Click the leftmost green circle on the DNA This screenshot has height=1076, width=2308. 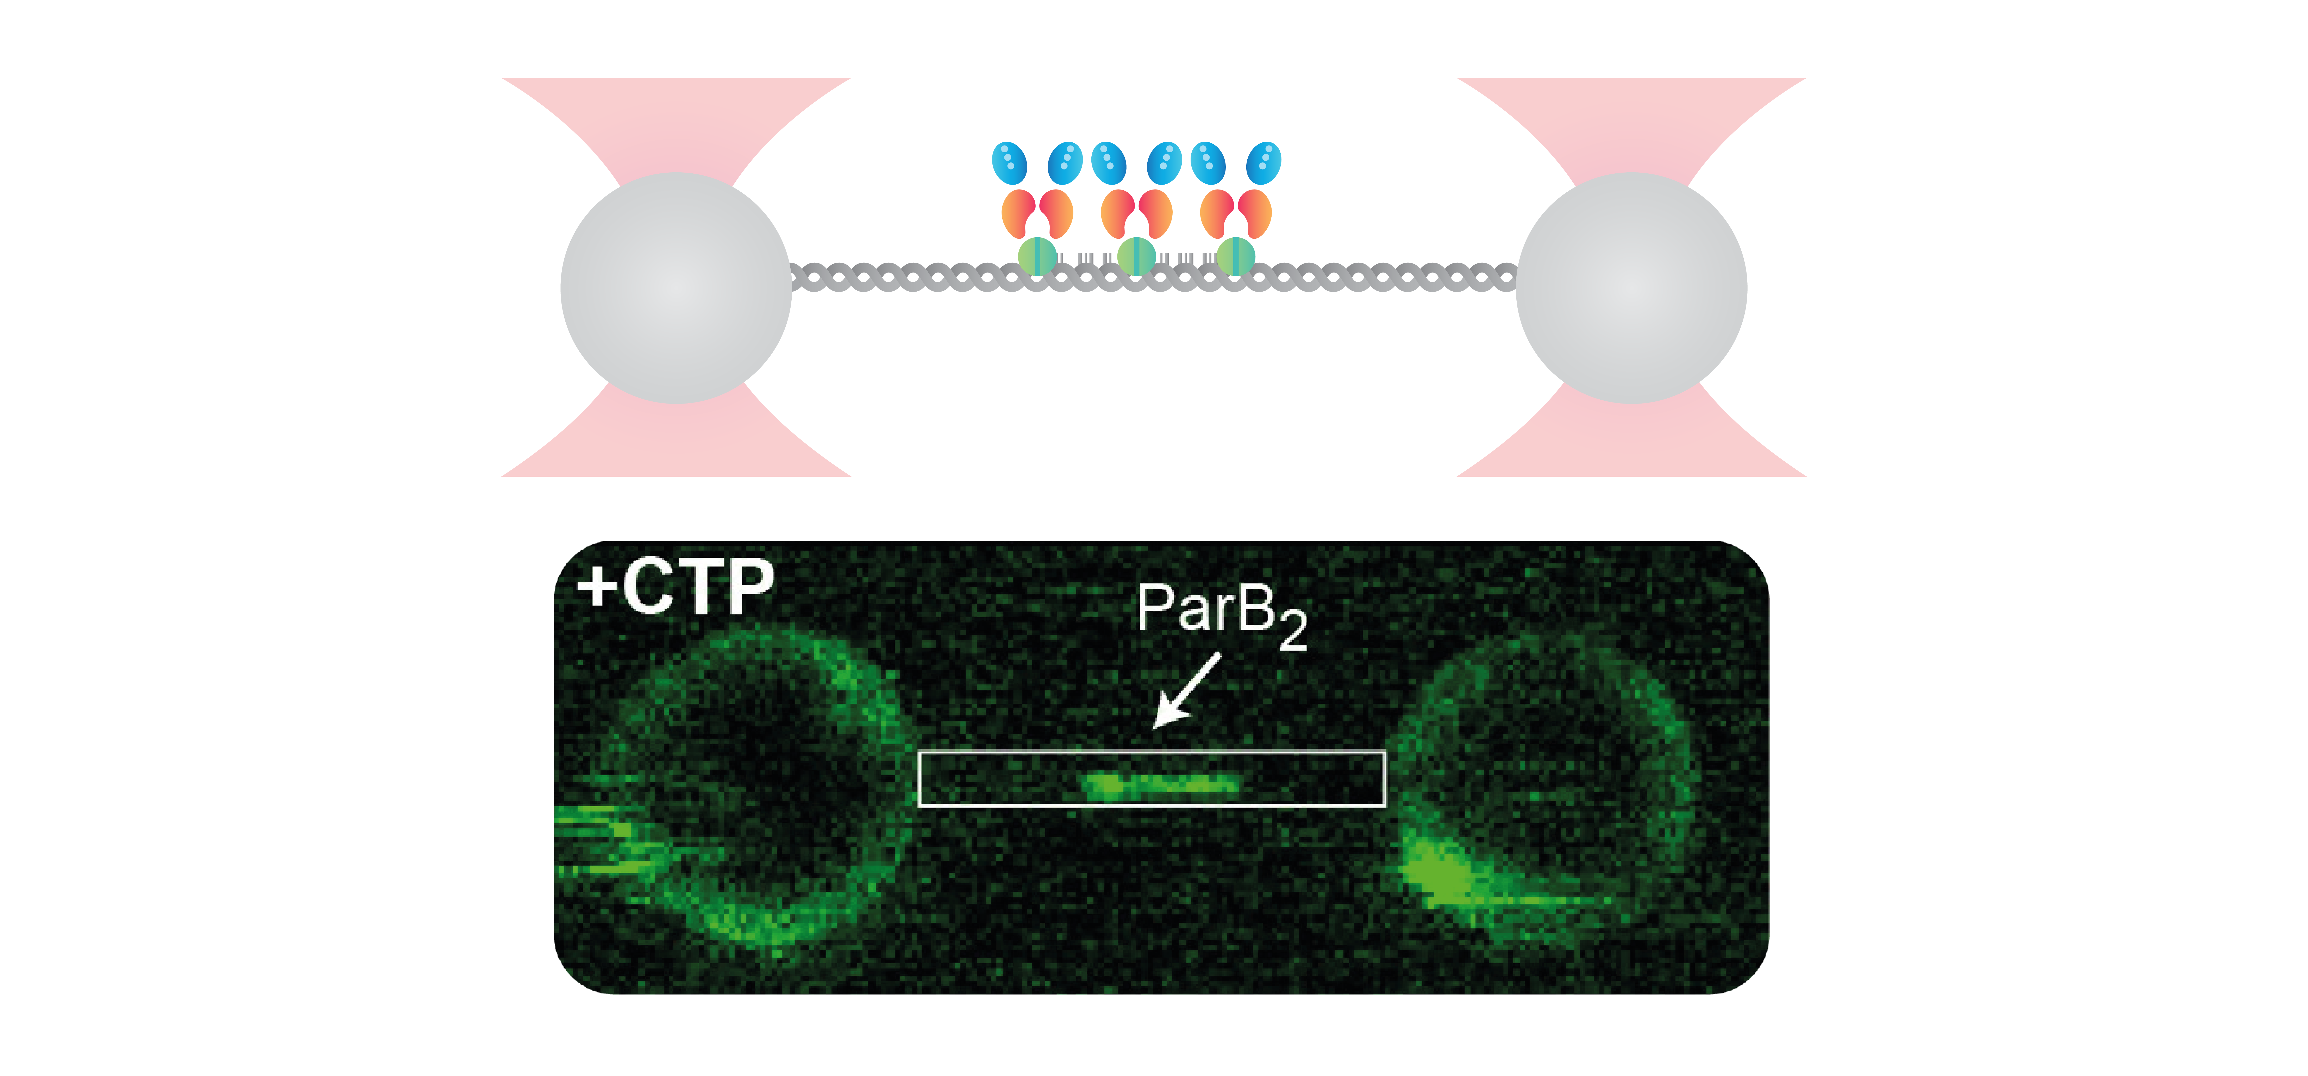click(x=1037, y=255)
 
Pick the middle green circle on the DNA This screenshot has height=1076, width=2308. click(x=1136, y=255)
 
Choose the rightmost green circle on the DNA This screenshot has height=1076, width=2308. click(x=1236, y=255)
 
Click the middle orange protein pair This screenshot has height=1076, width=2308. click(x=1136, y=213)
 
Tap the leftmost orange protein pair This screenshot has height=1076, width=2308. click(x=1037, y=213)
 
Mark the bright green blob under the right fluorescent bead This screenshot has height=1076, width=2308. click(x=1442, y=873)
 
